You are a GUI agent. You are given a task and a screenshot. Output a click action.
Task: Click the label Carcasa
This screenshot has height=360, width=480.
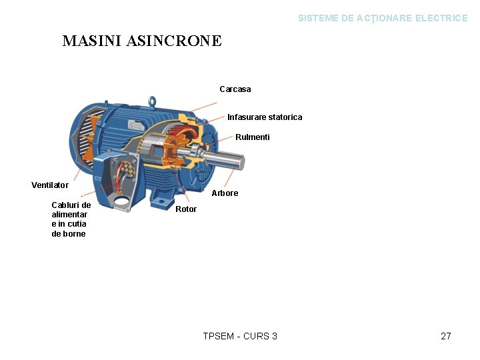point(235,89)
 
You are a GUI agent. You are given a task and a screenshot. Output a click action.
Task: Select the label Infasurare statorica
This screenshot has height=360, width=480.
point(265,117)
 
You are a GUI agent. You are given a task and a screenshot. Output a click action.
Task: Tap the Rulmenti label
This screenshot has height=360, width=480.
point(253,137)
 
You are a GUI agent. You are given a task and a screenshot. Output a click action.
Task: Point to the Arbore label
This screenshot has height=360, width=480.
point(225,193)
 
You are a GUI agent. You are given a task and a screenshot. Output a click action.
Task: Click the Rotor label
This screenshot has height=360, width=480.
point(186,209)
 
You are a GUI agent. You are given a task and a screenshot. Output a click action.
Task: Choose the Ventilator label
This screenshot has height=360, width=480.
point(50,185)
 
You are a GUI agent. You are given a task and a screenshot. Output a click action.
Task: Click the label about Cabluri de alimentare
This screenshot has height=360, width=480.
point(70,219)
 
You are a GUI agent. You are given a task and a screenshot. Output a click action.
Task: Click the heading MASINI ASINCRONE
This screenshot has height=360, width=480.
point(142,41)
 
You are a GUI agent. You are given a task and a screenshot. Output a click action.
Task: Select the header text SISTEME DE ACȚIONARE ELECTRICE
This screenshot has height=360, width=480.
point(383,18)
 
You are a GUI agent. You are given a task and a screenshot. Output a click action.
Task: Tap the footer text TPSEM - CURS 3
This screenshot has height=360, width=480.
point(240,336)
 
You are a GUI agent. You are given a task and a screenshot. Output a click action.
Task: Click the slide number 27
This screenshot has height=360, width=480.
point(446,336)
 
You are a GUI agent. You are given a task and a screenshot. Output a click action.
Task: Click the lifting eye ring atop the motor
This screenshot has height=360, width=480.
point(152,102)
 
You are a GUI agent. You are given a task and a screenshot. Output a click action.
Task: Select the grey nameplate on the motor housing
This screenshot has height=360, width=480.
point(138,125)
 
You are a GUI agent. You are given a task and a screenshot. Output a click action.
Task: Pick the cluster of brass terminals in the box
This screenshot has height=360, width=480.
point(127,167)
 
